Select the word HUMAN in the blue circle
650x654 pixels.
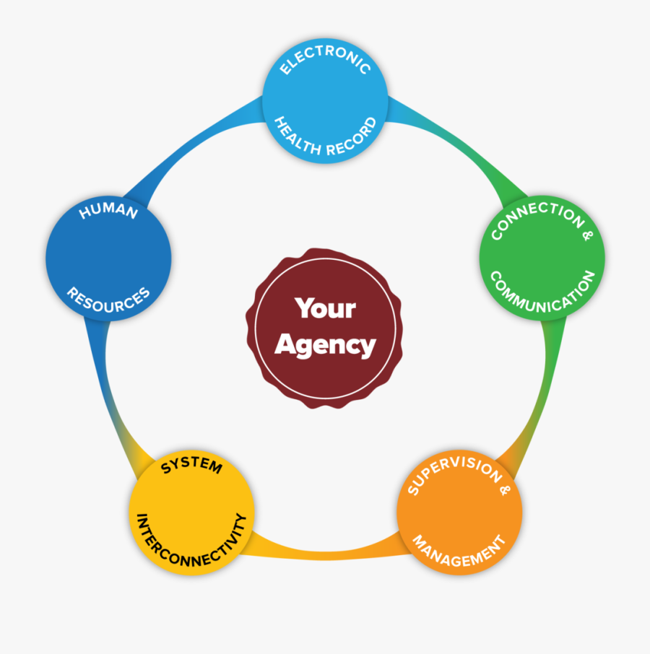coord(108,209)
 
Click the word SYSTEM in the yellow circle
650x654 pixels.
coord(192,464)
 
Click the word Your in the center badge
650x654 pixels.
coord(325,309)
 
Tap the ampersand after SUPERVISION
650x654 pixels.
coord(505,489)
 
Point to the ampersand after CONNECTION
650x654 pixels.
coord(587,235)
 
